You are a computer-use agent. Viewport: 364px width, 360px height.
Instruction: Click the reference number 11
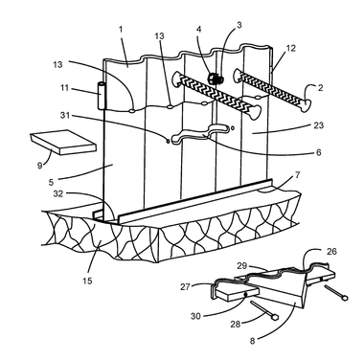64,87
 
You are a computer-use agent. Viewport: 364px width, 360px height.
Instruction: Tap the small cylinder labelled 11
102,96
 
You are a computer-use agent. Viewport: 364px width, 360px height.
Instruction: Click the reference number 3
239,25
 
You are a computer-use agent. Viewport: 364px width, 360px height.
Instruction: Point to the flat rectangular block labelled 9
63,142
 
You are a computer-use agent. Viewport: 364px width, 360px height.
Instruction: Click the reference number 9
39,166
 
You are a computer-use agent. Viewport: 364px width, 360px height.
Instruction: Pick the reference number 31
65,115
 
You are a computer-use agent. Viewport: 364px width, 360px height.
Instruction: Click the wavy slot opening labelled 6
200,134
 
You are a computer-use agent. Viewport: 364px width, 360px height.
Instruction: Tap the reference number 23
318,125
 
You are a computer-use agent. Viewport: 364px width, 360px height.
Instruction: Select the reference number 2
320,87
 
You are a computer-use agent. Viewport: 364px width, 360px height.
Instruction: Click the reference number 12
290,48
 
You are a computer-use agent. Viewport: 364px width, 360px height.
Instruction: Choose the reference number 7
297,175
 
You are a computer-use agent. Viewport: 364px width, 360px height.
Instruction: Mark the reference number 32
57,193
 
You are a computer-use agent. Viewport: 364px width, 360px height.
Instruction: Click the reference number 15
87,281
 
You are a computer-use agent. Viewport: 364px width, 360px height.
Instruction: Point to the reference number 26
331,252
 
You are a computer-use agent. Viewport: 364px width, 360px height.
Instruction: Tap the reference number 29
241,266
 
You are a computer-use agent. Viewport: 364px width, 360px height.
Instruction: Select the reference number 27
185,287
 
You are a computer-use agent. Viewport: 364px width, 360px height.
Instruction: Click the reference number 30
195,316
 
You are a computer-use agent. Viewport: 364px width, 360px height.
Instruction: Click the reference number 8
252,341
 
